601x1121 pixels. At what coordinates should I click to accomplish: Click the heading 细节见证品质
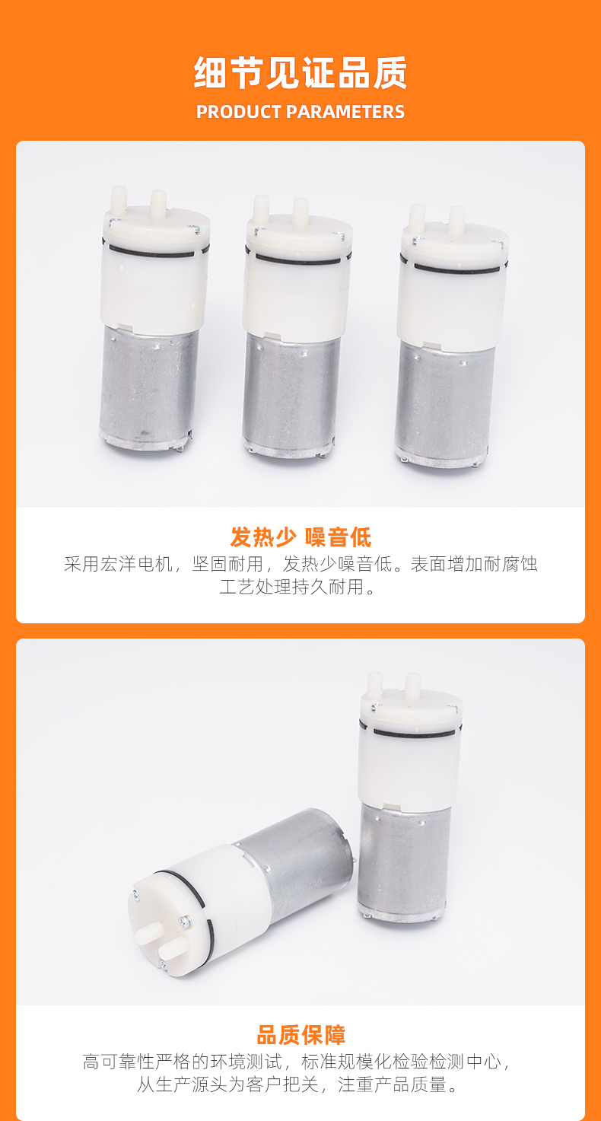pyautogui.click(x=300, y=72)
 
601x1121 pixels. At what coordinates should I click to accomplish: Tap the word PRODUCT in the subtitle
pyautogui.click(x=239, y=112)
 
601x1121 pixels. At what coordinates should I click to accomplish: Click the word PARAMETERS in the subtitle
pyautogui.click(x=345, y=112)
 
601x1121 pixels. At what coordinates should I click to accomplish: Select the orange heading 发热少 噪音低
pyautogui.click(x=300, y=537)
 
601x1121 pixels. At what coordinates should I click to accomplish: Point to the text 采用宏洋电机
pyautogui.click(x=118, y=564)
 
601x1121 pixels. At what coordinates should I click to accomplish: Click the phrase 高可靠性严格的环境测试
pyautogui.click(x=183, y=1062)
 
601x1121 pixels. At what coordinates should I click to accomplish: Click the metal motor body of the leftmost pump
pyautogui.click(x=148, y=385)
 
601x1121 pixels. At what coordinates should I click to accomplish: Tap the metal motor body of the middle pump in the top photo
pyautogui.click(x=291, y=395)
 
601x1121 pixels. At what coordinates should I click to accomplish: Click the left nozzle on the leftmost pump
pyautogui.click(x=119, y=199)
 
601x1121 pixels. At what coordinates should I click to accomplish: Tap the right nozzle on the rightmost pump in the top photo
pyautogui.click(x=456, y=220)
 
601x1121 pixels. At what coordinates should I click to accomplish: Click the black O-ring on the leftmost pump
pyautogui.click(x=153, y=252)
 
